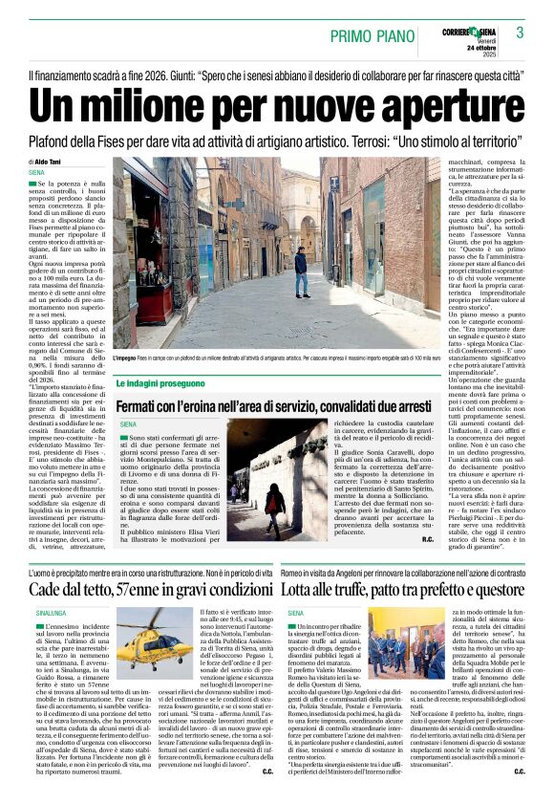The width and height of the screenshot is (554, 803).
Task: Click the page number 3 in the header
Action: tap(521, 33)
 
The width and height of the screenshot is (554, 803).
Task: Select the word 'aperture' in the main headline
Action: tap(439, 102)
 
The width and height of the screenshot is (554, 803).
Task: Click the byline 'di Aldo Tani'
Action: tap(48, 163)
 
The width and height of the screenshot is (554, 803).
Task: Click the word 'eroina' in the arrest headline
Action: tap(225, 406)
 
